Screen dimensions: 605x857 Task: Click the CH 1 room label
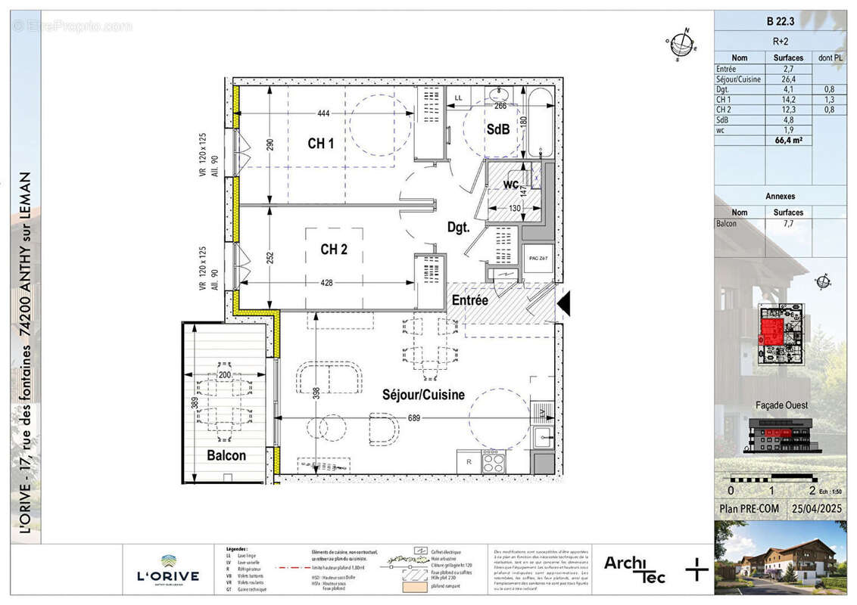320,143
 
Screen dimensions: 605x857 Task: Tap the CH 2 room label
333,250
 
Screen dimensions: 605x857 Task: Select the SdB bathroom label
497,129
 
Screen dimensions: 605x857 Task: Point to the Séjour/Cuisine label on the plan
423,395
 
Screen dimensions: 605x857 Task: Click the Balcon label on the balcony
226,455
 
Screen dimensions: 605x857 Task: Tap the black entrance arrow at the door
565,304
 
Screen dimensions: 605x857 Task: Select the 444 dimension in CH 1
323,113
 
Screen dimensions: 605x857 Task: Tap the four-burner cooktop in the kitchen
494,460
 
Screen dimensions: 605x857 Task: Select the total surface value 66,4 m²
788,140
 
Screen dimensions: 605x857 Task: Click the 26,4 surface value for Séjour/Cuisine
788,79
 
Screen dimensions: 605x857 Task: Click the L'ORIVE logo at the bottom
168,571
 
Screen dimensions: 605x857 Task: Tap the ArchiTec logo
634,569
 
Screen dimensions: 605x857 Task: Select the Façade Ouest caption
780,405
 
